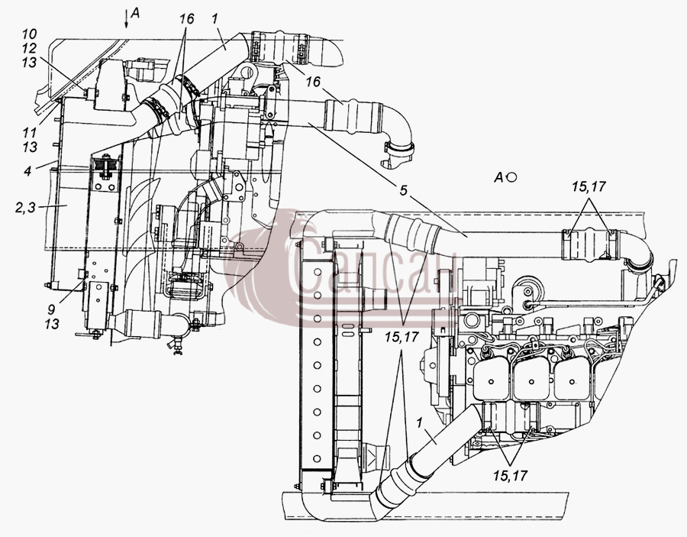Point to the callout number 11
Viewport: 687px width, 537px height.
[29, 132]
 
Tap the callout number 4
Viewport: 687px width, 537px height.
[27, 170]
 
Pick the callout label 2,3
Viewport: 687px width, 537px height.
[25, 207]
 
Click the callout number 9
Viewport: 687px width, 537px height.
[52, 309]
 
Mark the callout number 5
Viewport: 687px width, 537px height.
[403, 190]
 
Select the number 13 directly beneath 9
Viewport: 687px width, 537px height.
[52, 325]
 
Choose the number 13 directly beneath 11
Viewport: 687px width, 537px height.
[29, 147]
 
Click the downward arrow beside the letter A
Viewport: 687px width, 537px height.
[126, 18]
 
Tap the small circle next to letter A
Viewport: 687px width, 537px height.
[511, 177]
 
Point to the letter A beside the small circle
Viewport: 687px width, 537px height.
[499, 177]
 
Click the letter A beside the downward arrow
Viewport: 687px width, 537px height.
[135, 14]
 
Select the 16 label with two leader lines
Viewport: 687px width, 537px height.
[185, 19]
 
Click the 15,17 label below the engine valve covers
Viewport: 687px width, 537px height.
[510, 475]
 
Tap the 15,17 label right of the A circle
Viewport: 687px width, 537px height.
[589, 186]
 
